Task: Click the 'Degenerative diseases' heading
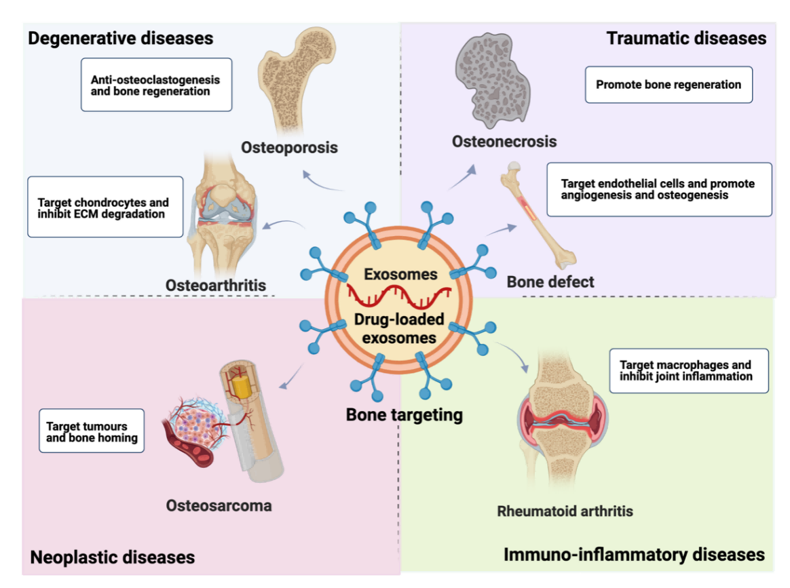coord(120,38)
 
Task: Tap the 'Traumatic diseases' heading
coord(686,38)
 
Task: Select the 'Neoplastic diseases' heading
coord(113,557)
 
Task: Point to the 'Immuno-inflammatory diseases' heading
coord(635,554)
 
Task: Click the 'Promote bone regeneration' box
coord(669,85)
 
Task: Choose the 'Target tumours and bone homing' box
coord(92,431)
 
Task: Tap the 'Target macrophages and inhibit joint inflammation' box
coord(689,370)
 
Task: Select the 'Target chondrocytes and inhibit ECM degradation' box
coord(105,207)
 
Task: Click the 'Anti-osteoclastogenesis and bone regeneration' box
coord(156,85)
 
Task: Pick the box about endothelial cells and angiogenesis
coord(659,189)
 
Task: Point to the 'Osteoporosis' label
coord(289,147)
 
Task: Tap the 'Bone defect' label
coord(550,282)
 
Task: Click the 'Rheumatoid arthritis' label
coord(565,511)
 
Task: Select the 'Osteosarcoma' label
coord(219,505)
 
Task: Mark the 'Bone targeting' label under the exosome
coord(404,415)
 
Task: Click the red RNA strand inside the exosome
coord(398,296)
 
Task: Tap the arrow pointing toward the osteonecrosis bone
coord(462,177)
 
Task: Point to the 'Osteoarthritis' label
coord(216,286)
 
